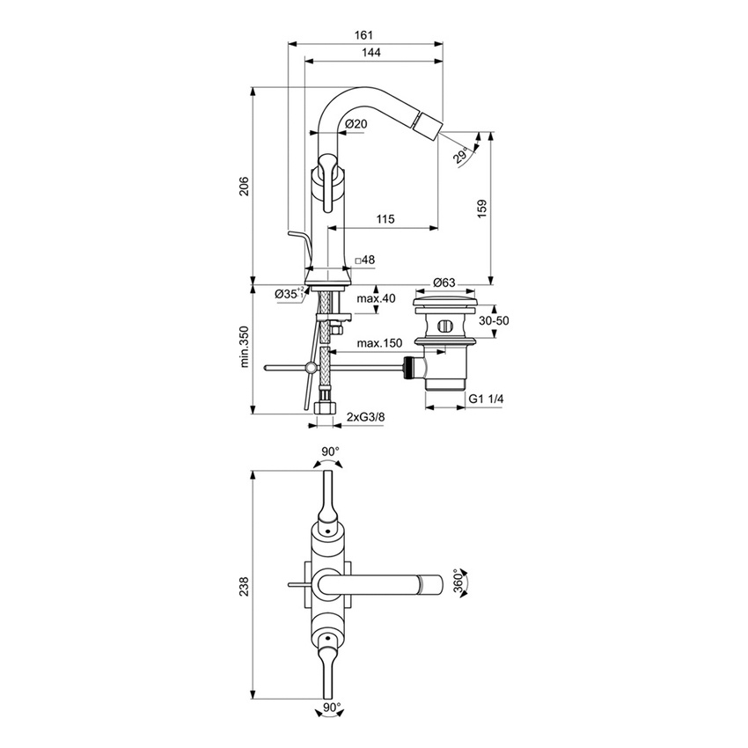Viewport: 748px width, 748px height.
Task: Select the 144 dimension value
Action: (371, 54)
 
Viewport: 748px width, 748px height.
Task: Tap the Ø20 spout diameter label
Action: (356, 124)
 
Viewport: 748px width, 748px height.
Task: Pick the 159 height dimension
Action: (481, 208)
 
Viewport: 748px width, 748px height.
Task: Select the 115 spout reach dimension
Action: (385, 219)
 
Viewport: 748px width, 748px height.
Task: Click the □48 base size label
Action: (364, 260)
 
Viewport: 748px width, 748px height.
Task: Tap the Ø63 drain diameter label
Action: (444, 282)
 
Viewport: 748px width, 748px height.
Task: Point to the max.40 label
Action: (377, 299)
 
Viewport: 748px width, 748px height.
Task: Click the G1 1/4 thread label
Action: (486, 399)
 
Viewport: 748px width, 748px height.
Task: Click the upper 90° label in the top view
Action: (329, 451)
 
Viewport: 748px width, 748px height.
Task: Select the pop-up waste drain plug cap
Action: (446, 304)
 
